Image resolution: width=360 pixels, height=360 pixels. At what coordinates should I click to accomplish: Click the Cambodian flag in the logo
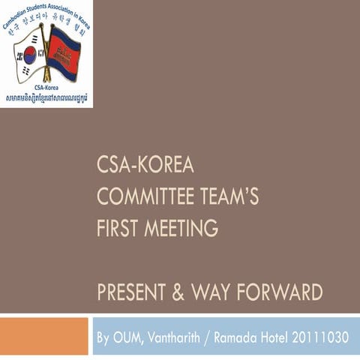(x=64, y=52)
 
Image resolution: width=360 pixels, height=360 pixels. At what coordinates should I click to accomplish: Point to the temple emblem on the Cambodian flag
(x=64, y=52)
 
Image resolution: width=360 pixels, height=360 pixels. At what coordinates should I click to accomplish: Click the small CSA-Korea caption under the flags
(x=46, y=87)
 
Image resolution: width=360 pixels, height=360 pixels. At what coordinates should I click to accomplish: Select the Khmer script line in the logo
(x=46, y=97)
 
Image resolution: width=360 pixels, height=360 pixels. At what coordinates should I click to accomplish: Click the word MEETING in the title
(x=182, y=227)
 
